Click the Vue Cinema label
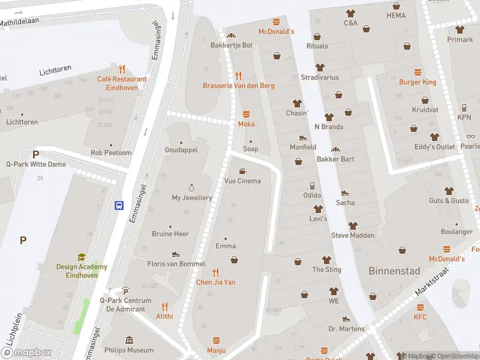(242, 181)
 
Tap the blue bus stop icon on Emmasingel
(119, 205)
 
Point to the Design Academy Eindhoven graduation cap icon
(81, 257)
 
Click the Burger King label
(418, 82)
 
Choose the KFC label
(420, 317)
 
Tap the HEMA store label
(396, 15)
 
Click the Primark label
(460, 40)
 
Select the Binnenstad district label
(394, 271)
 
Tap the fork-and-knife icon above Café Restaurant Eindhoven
(122, 68)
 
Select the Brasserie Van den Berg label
(238, 86)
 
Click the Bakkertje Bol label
(231, 45)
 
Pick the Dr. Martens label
(346, 329)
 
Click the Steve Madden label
(352, 235)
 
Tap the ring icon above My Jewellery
(192, 187)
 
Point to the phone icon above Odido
(312, 185)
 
